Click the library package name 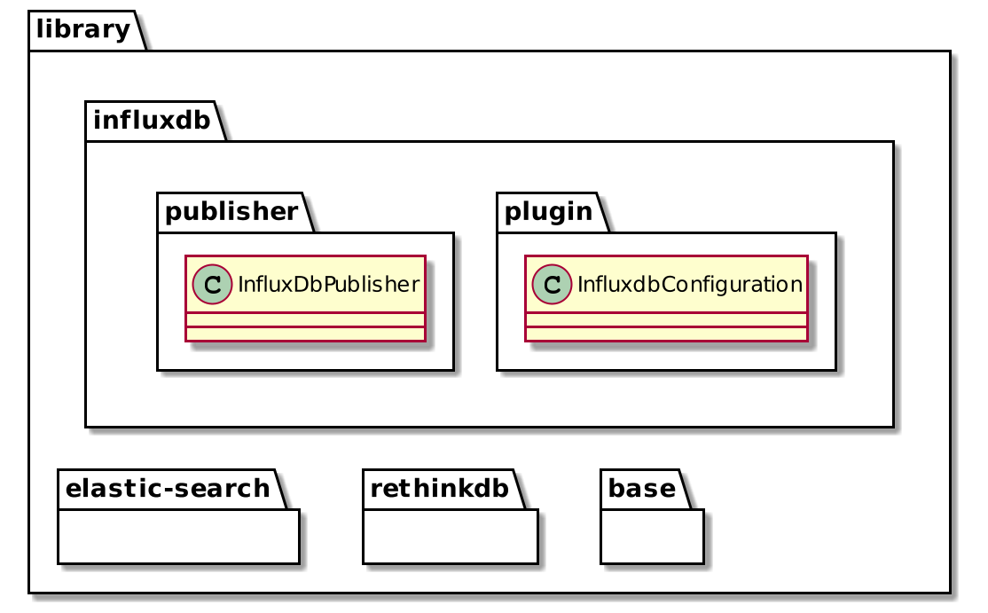81,30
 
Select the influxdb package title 151,121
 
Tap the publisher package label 231,212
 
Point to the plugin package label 548,212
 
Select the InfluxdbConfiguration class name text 689,284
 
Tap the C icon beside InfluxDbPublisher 206,284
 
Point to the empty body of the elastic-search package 178,537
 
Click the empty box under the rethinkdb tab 450,537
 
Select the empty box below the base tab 652,537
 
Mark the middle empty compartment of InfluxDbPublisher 305,319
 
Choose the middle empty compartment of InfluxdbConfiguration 666,319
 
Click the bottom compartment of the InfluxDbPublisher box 305,334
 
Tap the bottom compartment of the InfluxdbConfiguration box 666,334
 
